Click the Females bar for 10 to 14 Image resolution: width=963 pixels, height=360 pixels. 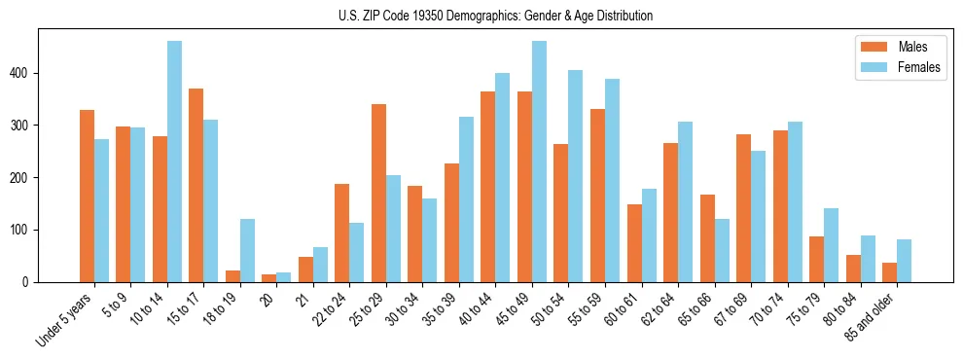tap(174, 162)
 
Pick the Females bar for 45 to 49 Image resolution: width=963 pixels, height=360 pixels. tap(539, 162)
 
